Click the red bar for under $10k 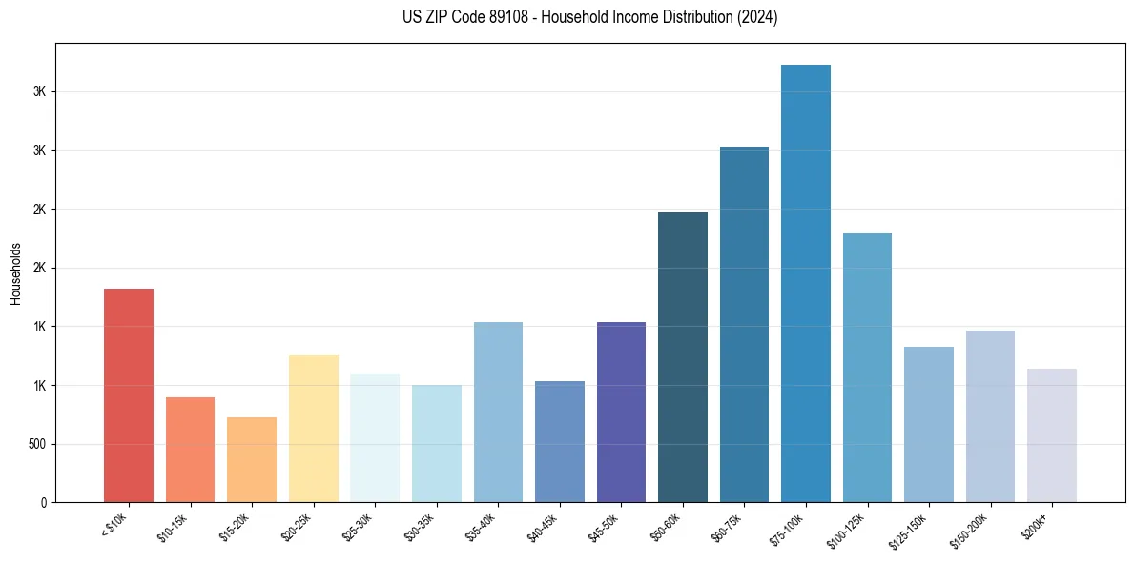tap(128, 395)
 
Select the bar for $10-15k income tap(190, 450)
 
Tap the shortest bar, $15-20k tap(252, 459)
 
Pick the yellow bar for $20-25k tap(313, 429)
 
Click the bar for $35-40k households tap(498, 411)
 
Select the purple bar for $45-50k tap(621, 411)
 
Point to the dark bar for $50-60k tap(683, 357)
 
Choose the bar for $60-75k tap(744, 324)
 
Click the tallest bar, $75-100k tap(806, 283)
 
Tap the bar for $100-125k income tap(867, 368)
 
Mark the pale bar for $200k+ tap(1052, 435)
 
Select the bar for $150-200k tap(990, 416)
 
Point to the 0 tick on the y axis tap(44, 503)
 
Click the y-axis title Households tap(16, 273)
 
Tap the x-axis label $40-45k tap(543, 526)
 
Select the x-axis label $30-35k tap(420, 526)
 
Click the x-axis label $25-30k tap(358, 526)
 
